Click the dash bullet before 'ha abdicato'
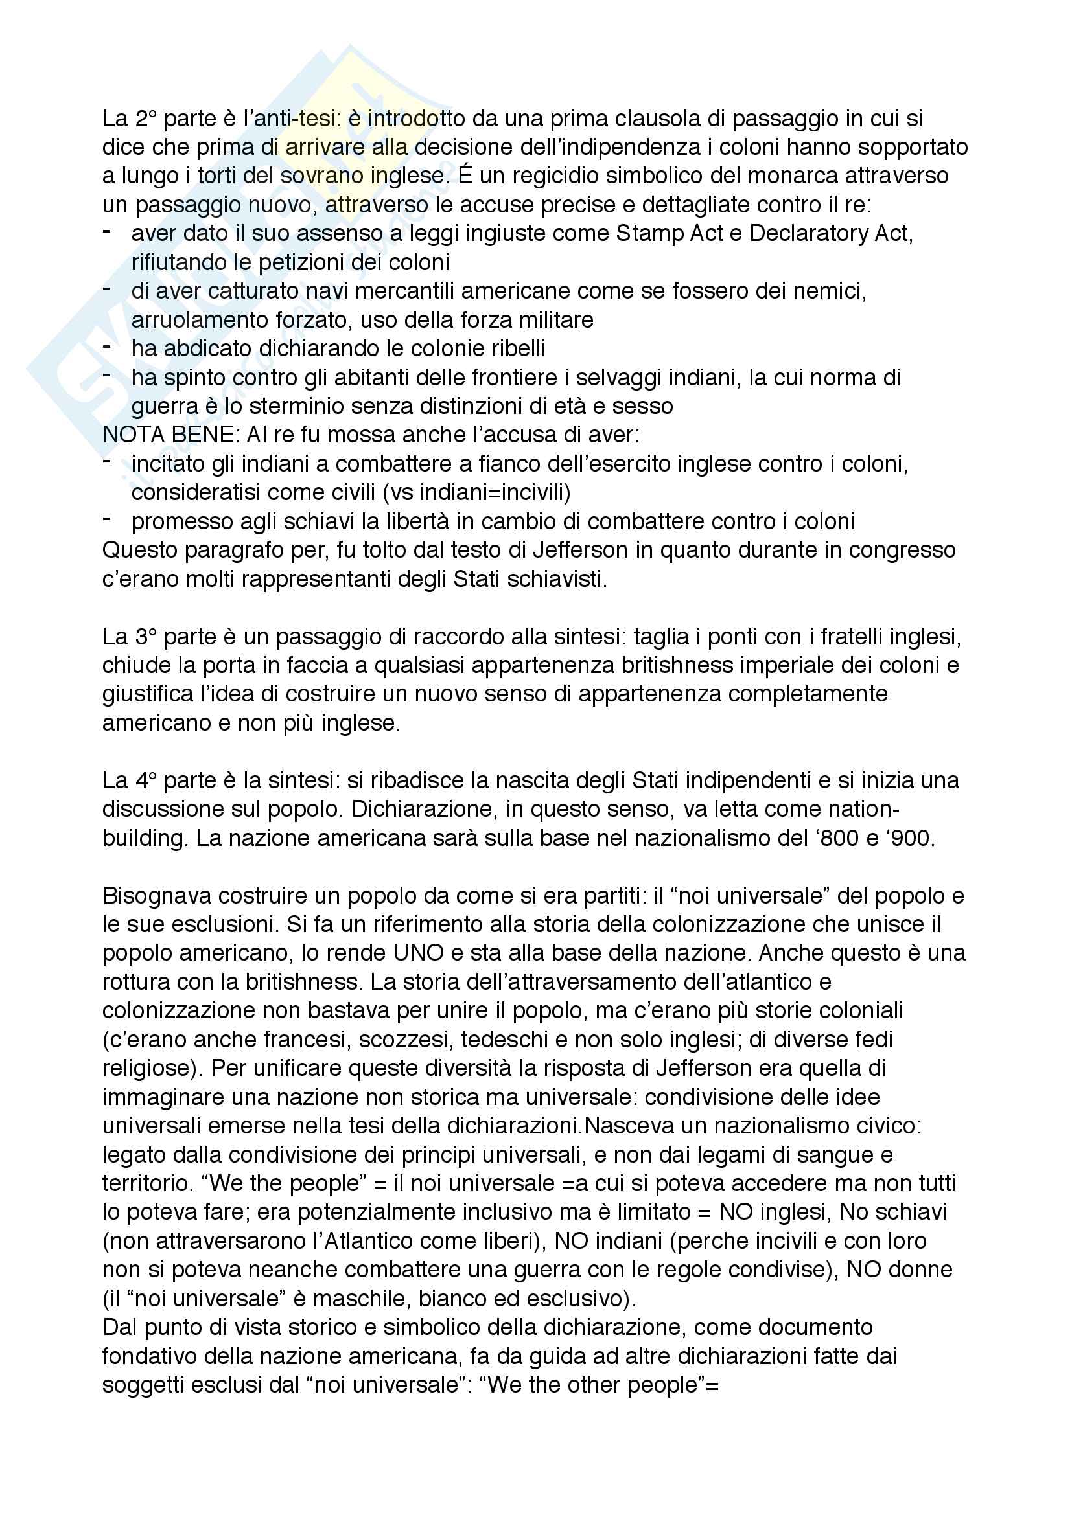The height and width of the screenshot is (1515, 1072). click(x=108, y=346)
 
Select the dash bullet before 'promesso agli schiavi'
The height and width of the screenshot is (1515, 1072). click(x=108, y=519)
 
